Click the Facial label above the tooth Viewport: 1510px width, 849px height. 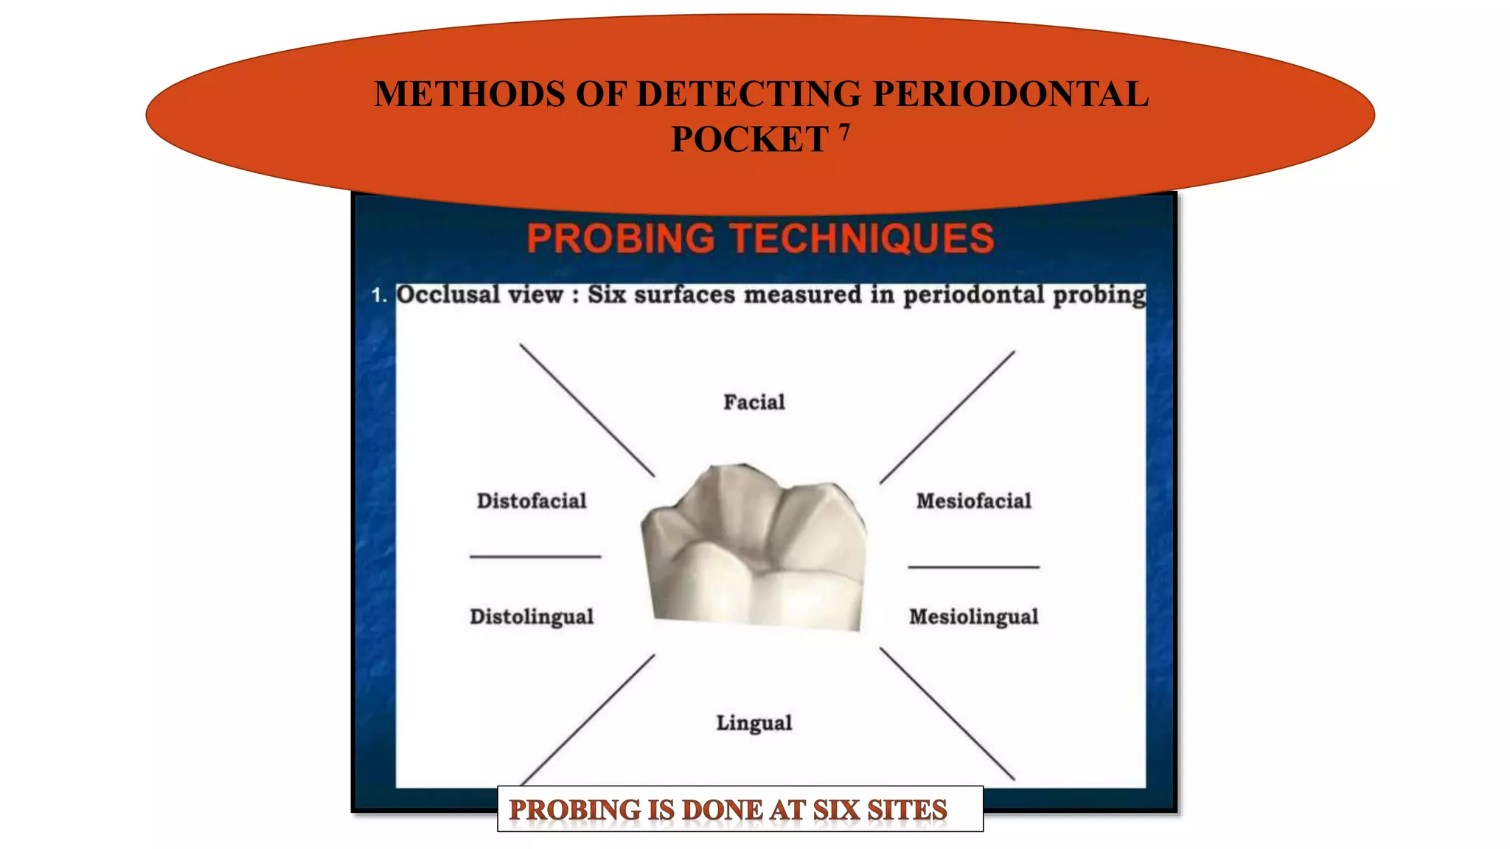754,402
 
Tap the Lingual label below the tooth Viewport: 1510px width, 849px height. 754,723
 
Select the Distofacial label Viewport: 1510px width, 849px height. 532,501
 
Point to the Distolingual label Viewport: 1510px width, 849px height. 532,617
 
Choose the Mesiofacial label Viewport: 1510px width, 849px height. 973,501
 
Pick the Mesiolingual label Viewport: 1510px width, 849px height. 973,617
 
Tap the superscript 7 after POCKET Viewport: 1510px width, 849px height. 844,131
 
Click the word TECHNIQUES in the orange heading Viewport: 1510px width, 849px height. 862,239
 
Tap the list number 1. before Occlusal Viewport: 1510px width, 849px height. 379,296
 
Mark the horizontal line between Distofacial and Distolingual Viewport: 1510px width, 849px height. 535,556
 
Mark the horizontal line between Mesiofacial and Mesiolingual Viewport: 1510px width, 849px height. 973,567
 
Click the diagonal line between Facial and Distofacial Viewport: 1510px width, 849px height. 587,410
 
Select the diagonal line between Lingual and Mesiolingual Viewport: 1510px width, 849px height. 947,713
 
